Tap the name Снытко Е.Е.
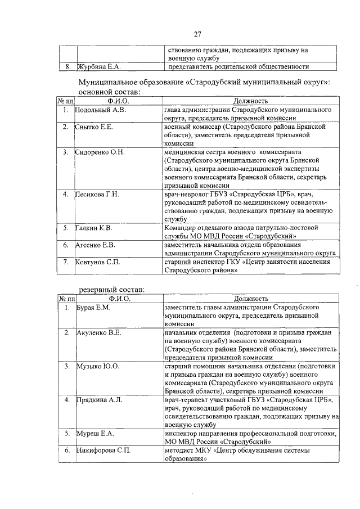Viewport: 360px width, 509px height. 95,128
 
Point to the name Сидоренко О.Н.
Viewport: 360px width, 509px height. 101,152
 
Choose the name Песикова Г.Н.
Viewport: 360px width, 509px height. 98,195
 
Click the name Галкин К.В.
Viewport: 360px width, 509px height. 96,228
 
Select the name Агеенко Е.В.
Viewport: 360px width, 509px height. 96,245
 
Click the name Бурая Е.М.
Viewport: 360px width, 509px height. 93,308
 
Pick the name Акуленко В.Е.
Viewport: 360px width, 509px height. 99,333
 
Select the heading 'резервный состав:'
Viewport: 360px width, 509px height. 111,289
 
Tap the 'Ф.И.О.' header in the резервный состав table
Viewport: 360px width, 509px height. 119,299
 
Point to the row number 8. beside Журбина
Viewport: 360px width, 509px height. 67,67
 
